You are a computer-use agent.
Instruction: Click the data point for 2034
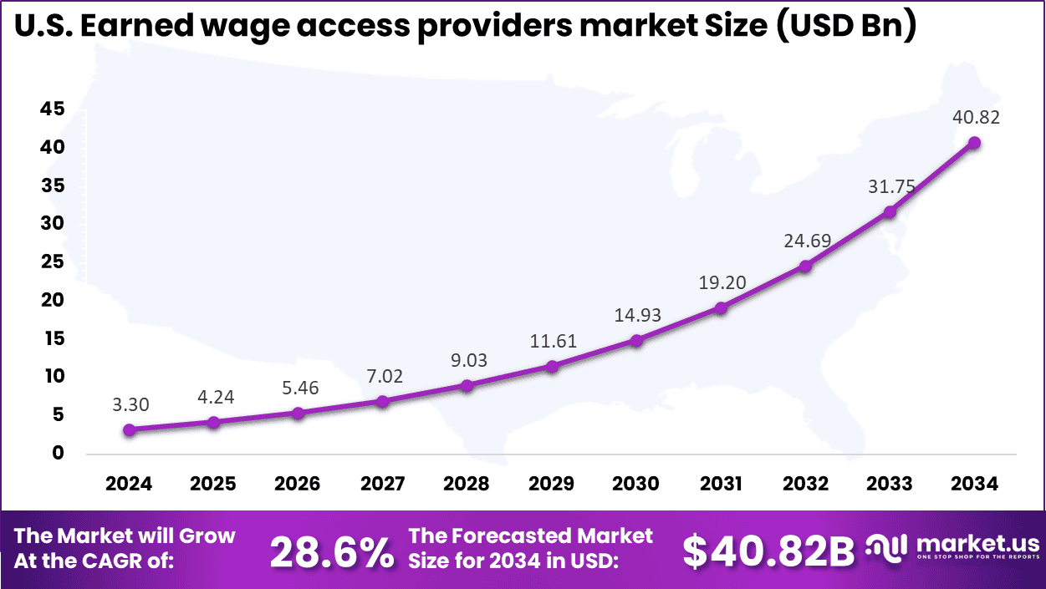[974, 143]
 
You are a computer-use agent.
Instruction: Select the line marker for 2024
[129, 430]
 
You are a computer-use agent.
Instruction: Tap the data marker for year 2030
[636, 341]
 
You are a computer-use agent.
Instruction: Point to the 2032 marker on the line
[805, 267]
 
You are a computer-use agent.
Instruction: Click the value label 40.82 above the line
[974, 118]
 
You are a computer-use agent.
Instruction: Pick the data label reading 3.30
[129, 405]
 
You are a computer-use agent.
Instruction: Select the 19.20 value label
[721, 283]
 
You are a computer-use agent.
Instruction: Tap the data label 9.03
[467, 360]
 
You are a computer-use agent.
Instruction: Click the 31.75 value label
[890, 187]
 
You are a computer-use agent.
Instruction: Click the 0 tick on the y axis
[58, 453]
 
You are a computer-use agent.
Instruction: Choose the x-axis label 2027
[382, 484]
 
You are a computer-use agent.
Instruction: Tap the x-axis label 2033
[890, 484]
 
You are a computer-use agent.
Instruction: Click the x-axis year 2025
[213, 484]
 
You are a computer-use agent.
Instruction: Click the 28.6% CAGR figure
[332, 551]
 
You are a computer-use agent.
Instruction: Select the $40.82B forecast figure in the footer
[768, 551]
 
